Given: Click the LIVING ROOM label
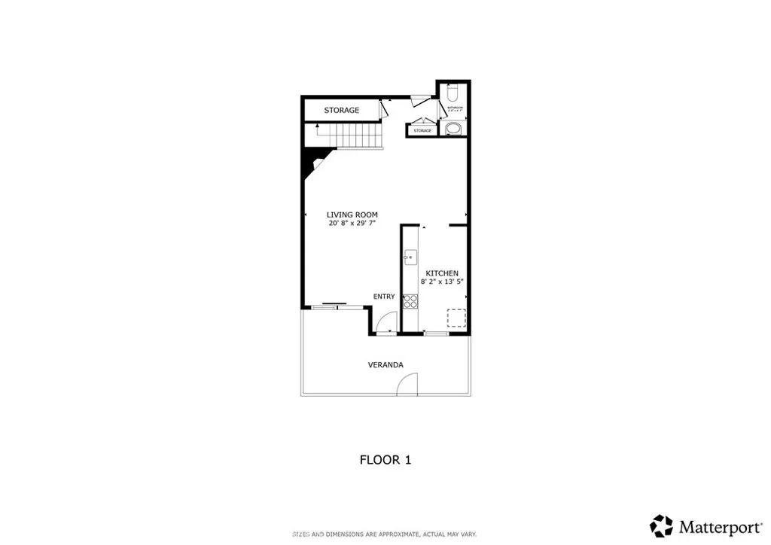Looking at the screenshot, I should click(352, 215).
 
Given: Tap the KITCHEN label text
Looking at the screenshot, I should click(442, 273).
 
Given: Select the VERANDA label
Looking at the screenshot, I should click(385, 365).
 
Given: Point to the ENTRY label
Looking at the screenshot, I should click(384, 297).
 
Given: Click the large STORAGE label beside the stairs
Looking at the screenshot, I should click(342, 111).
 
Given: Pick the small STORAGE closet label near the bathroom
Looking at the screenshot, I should click(422, 131).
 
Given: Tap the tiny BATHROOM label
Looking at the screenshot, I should click(455, 108).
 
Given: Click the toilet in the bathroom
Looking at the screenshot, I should click(453, 93).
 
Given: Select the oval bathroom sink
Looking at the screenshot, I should click(453, 128).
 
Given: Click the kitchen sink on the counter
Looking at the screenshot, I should click(410, 257).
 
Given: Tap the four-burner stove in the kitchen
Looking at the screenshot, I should click(411, 302).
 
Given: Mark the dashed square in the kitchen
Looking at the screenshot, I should click(456, 318).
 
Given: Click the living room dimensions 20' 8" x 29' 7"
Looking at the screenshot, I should click(352, 224).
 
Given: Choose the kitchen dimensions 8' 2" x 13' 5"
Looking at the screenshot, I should click(442, 282).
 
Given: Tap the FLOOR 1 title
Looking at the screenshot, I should click(385, 459).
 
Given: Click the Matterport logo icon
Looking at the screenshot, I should click(661, 525).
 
